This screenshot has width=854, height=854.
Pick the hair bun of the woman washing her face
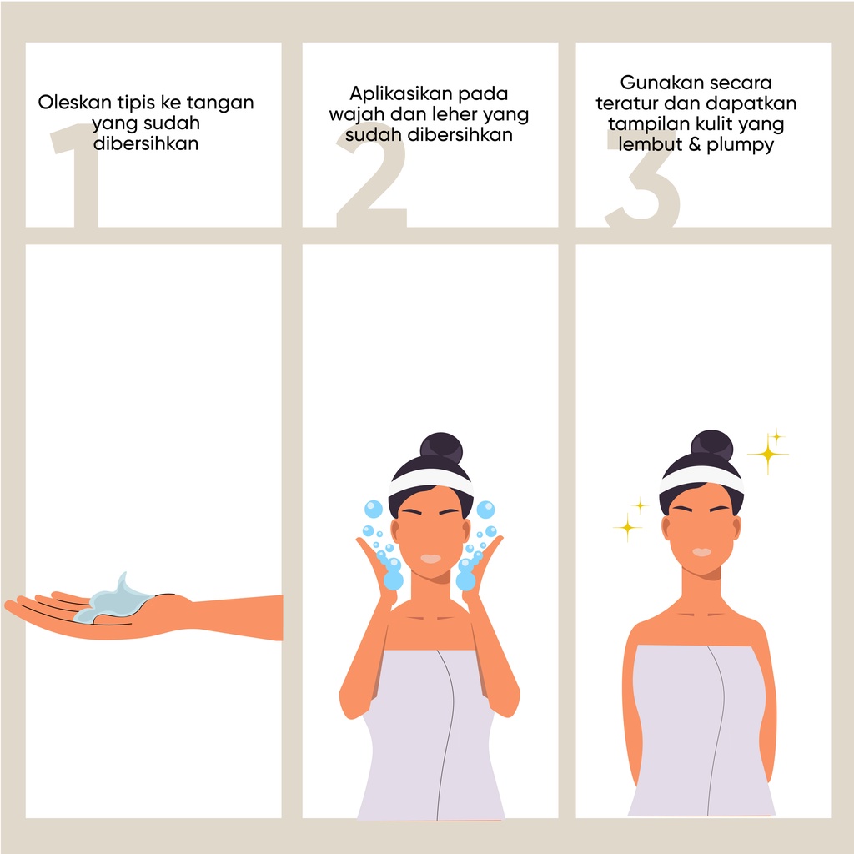pyautogui.click(x=440, y=448)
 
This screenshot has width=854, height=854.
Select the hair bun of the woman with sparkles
pyautogui.click(x=711, y=447)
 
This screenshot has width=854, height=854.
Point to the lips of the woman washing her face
pyautogui.click(x=430, y=558)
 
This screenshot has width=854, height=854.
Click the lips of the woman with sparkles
pyautogui.click(x=701, y=552)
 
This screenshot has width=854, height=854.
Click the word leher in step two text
pyautogui.click(x=451, y=113)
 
